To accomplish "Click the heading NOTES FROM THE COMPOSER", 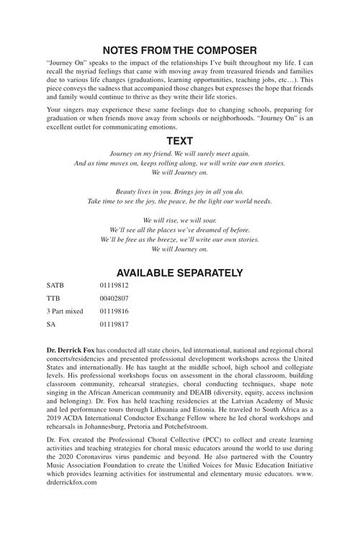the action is (x=179, y=50).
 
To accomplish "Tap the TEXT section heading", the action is (x=179, y=141).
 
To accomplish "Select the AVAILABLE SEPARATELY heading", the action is (x=179, y=273).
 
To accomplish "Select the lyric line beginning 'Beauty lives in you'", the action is (x=179, y=192).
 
